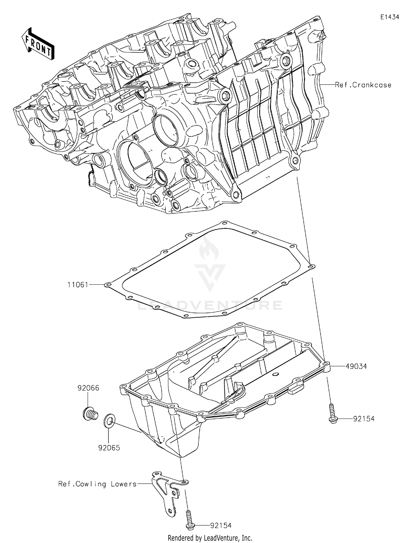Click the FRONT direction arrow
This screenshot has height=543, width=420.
tap(38, 44)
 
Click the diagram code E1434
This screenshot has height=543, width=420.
tap(389, 17)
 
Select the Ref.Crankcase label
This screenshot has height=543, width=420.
tap(363, 85)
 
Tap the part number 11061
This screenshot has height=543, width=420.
tap(78, 285)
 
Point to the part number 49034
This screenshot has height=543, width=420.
tap(356, 366)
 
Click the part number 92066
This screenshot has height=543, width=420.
tap(88, 388)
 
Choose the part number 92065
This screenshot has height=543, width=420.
tap(109, 448)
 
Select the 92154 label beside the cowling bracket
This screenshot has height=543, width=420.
tap(221, 525)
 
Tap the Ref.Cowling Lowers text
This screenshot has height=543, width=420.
tap(97, 484)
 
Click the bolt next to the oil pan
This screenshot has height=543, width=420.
tap(332, 412)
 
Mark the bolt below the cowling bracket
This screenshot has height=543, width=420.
tap(189, 519)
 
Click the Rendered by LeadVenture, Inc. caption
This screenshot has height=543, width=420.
tap(210, 538)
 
